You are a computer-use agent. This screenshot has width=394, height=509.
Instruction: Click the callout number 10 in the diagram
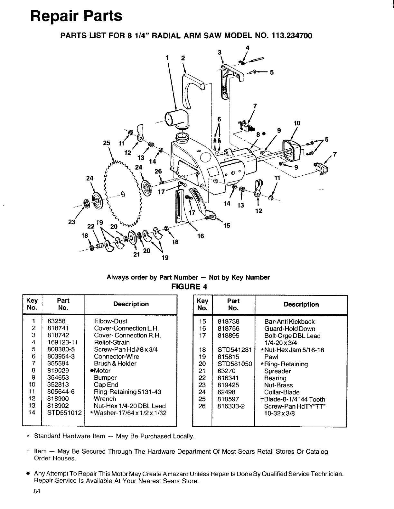click(x=297, y=123)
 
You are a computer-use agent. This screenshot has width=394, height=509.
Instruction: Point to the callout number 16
click(x=201, y=236)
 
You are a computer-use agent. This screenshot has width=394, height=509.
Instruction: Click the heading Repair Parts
click(x=77, y=16)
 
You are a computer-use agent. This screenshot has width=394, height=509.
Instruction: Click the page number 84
click(x=36, y=500)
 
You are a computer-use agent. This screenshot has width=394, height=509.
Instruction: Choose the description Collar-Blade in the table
click(x=282, y=392)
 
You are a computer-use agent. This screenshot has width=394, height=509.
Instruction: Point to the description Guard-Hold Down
click(x=290, y=329)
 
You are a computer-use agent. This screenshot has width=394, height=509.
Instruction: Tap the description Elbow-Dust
click(x=111, y=321)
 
